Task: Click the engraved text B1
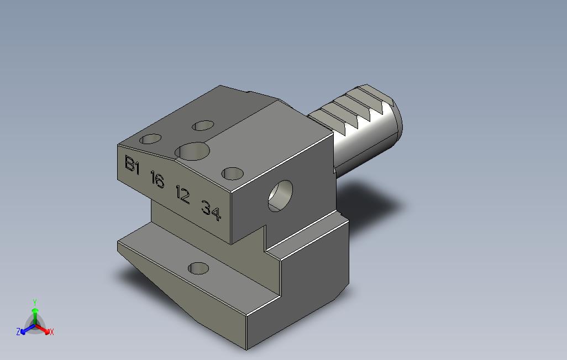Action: pos(132,165)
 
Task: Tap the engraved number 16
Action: pos(158,179)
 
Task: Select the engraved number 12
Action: pos(182,194)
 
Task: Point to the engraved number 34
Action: pos(211,210)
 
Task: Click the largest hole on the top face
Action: pos(192,151)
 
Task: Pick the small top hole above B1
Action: pos(150,139)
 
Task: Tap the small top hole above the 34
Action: pos(232,173)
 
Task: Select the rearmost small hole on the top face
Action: pos(203,125)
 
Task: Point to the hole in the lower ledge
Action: pos(198,268)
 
